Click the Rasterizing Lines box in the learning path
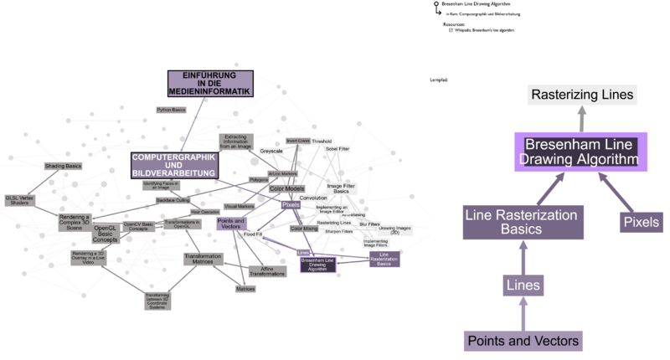pyautogui.click(x=583, y=95)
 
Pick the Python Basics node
pyautogui.click(x=172, y=110)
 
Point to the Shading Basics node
pyautogui.click(x=63, y=167)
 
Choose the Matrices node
pyautogui.click(x=245, y=289)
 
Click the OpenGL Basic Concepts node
pyautogui.click(x=105, y=233)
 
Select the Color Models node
pyautogui.click(x=286, y=189)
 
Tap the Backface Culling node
pyautogui.click(x=173, y=201)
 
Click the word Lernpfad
pyautogui.click(x=440, y=79)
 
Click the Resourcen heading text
pyautogui.click(x=455, y=24)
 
